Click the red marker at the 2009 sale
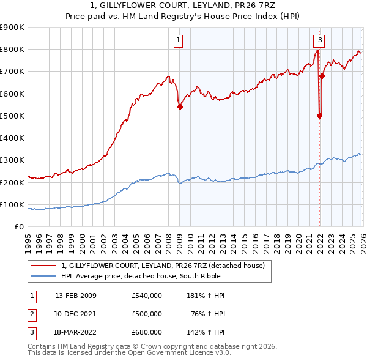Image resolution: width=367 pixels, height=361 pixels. tap(180, 106)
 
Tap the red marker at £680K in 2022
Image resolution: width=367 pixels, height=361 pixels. tap(322, 76)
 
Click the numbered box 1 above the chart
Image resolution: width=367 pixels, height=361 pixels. tap(178, 41)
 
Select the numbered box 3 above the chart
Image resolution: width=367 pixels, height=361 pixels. tap(321, 41)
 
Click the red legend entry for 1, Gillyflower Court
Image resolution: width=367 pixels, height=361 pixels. tap(163, 266)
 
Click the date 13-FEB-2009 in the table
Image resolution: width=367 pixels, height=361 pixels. tap(76, 296)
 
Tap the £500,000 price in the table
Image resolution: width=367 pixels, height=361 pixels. tap(147, 314)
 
